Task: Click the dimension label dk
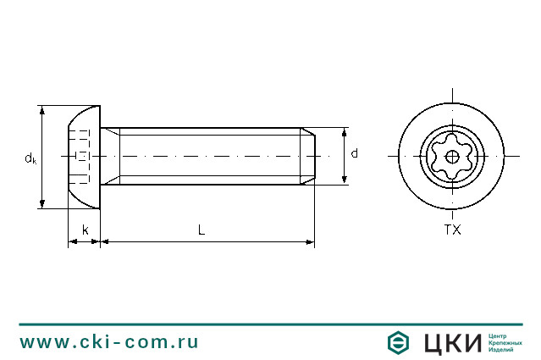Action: click(x=30, y=158)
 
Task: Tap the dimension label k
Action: click(x=85, y=230)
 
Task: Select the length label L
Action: click(x=201, y=230)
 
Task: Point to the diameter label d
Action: click(x=354, y=154)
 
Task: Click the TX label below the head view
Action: click(x=452, y=230)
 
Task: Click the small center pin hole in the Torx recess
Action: click(x=452, y=157)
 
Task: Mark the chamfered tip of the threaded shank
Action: click(x=310, y=156)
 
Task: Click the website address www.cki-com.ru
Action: click(x=109, y=342)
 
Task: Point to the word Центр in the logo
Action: click(x=501, y=335)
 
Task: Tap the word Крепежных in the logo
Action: click(x=505, y=342)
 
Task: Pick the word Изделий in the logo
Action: click(x=503, y=350)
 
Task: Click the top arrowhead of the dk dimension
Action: click(x=42, y=111)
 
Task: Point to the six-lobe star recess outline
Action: click(x=452, y=141)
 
